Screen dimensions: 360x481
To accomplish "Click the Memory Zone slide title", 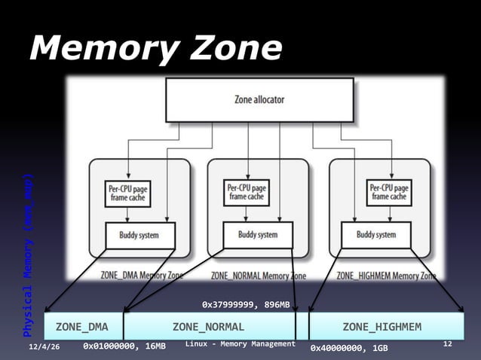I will pos(155,50).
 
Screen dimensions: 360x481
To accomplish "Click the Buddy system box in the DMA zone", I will pos(139,235).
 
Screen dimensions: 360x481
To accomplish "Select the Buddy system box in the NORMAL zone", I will pos(258,235).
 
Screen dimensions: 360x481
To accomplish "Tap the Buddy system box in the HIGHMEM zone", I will pos(376,235).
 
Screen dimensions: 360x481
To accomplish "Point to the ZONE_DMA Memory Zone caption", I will pos(142,276).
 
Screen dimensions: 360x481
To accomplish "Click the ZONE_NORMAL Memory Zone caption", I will pos(258,276).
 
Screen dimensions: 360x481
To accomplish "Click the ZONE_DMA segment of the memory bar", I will pos(81,326).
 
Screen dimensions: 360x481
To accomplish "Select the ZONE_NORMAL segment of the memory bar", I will pos(208,326).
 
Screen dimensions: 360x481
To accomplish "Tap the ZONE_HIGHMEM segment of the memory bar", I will pos(381,326).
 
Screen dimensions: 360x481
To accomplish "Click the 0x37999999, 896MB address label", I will pos(246,304).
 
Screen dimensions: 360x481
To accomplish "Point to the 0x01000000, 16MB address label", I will pos(124,347).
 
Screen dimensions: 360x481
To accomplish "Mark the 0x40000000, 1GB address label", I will pos(349,348).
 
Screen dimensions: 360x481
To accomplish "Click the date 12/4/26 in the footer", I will pos(44,345).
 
